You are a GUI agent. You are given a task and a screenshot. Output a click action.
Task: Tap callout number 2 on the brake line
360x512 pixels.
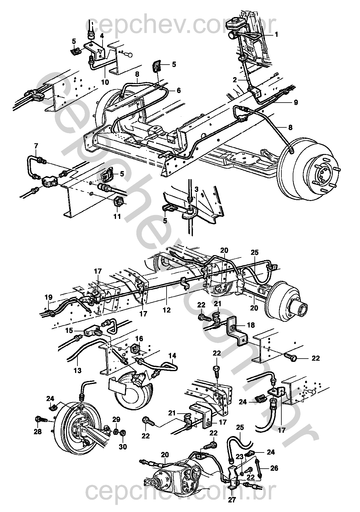[x=235, y=80]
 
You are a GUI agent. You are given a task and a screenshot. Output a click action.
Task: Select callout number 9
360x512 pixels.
[x=296, y=103]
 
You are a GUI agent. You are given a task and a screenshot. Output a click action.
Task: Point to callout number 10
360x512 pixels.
[x=105, y=82]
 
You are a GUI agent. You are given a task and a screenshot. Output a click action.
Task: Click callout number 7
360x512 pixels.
[x=36, y=146]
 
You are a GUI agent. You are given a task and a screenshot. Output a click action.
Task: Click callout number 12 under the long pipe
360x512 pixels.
[x=167, y=310]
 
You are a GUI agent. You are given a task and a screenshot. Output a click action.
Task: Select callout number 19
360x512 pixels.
[x=49, y=297]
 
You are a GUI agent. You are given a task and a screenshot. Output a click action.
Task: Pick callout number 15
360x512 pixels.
[x=69, y=331]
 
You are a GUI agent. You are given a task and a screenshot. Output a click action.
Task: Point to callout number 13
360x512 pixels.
[x=77, y=371]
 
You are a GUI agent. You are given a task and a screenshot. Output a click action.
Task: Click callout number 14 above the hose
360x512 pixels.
[x=172, y=356]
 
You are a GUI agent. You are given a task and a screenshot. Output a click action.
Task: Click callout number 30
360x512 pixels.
[x=123, y=447]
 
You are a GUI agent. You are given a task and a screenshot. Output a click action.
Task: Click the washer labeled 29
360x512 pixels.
[x=115, y=432]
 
